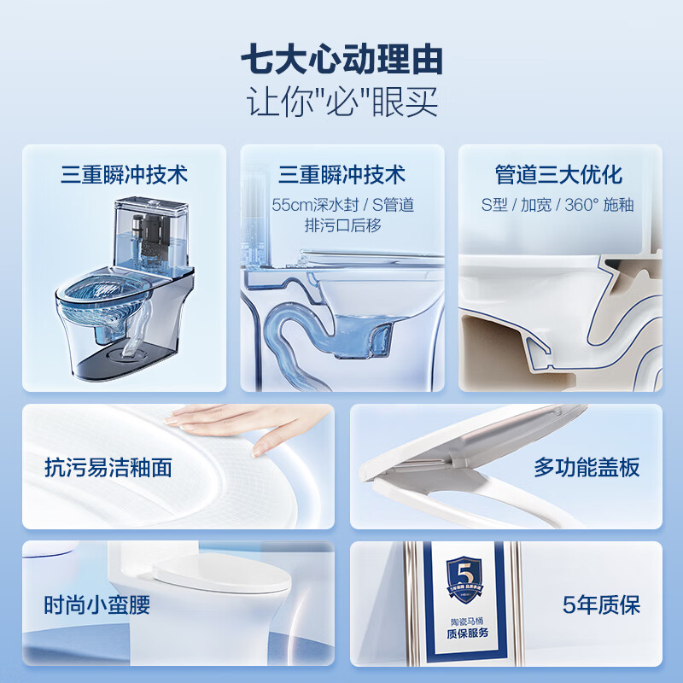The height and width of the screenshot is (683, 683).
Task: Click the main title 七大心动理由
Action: click(x=341, y=61)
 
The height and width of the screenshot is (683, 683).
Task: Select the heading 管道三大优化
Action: click(x=559, y=175)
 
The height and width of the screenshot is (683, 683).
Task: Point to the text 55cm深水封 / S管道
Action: click(x=342, y=206)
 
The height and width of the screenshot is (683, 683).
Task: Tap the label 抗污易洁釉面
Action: click(x=108, y=467)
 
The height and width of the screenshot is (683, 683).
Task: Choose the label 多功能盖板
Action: click(x=587, y=467)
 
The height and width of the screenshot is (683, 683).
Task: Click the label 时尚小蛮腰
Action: click(x=97, y=605)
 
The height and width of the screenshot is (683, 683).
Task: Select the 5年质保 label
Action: click(x=602, y=605)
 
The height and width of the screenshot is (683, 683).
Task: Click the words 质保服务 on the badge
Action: click(x=459, y=636)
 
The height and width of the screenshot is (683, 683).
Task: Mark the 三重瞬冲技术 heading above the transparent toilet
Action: click(x=124, y=175)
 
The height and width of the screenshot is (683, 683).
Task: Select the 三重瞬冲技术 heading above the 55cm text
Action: click(x=341, y=175)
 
